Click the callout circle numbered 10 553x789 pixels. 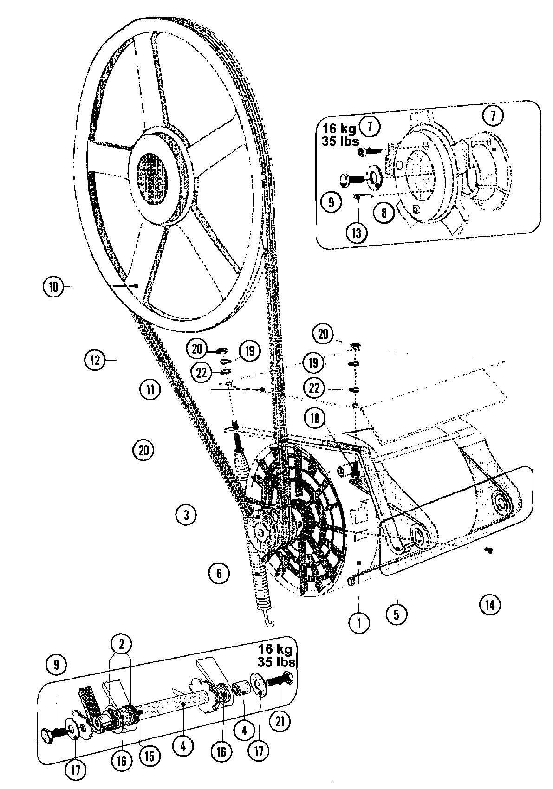[53, 287]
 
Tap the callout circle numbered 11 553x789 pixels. [150, 389]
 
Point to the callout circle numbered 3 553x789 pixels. [186, 514]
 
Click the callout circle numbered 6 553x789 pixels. [219, 573]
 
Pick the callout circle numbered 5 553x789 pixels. [396, 614]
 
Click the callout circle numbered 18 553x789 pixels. [315, 418]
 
